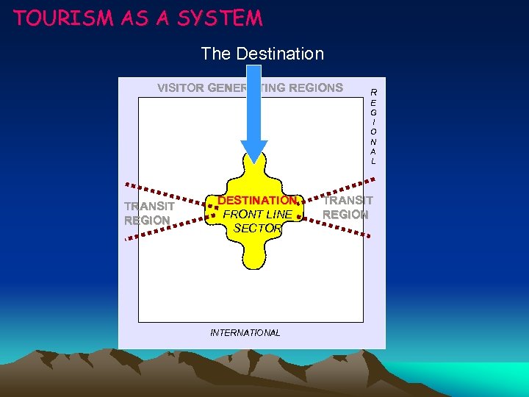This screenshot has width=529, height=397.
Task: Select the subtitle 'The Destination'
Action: point(262,54)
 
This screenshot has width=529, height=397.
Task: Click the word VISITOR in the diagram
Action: point(181,88)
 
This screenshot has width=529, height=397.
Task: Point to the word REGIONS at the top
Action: point(316,88)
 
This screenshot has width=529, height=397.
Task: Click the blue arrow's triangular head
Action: point(254,151)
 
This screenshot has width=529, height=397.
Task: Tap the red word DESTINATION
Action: point(258,201)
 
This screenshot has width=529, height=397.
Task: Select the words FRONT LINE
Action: point(257,215)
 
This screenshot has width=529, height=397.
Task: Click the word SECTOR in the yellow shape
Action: point(257,229)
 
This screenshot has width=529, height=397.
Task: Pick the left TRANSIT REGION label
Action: point(149,213)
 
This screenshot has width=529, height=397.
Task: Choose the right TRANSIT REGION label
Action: point(347,207)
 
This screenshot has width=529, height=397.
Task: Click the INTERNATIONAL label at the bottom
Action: point(245,333)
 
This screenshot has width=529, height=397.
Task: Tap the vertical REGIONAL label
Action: point(373,126)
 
